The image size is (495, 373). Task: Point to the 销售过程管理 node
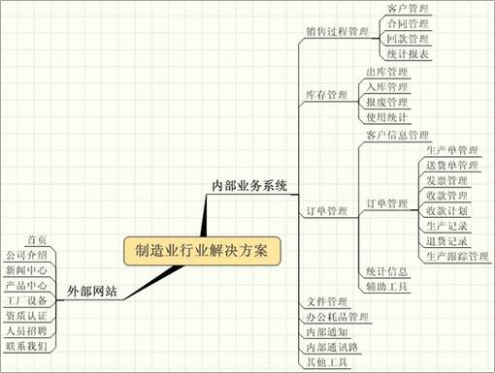click(337, 32)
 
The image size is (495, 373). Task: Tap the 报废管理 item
click(385, 102)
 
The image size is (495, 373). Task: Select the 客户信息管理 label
click(397, 135)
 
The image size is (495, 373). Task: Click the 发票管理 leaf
click(446, 180)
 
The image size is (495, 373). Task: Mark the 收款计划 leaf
click(446, 210)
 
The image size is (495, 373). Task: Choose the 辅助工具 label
click(387, 287)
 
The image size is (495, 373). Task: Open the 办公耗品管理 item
click(337, 317)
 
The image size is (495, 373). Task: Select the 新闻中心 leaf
click(27, 270)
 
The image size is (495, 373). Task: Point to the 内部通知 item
click(325, 331)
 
